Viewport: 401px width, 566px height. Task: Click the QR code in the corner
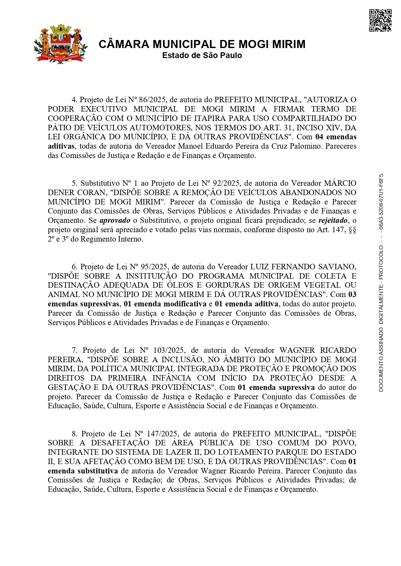coord(380,21)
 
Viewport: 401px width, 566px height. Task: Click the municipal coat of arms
coord(60,44)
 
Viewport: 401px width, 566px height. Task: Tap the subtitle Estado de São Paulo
coord(202,55)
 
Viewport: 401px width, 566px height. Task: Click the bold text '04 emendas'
coord(336,137)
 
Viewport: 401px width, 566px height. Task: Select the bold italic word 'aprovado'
coord(115,221)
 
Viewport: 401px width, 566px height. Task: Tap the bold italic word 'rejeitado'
coord(333,221)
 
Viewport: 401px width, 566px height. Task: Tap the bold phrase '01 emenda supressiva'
coord(276,387)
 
